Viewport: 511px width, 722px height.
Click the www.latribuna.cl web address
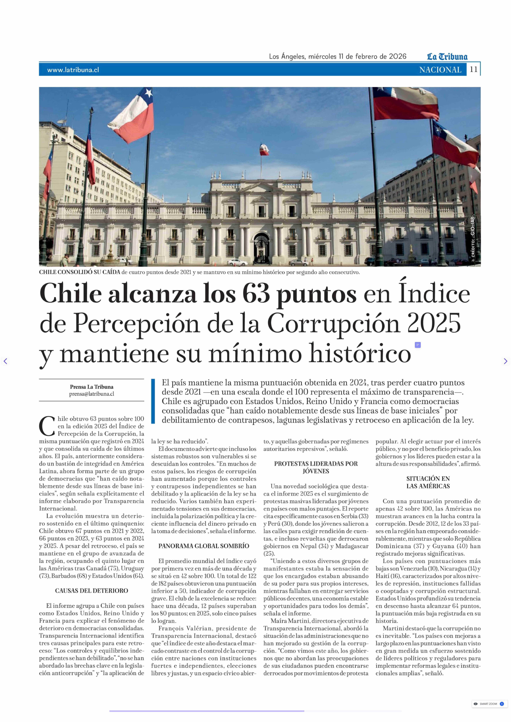click(x=73, y=70)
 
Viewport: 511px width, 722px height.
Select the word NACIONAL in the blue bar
click(x=440, y=70)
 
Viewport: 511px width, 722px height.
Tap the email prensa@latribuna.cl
click(x=92, y=394)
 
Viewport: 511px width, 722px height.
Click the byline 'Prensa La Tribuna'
click(x=92, y=387)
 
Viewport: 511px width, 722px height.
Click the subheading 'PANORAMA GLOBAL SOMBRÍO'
click(x=204, y=546)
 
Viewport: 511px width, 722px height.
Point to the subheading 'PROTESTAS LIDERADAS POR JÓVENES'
click(x=316, y=467)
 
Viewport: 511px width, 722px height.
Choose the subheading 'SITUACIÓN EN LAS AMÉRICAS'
click(x=428, y=482)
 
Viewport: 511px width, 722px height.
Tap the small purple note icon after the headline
click(x=418, y=345)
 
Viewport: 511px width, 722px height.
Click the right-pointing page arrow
click(x=505, y=361)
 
